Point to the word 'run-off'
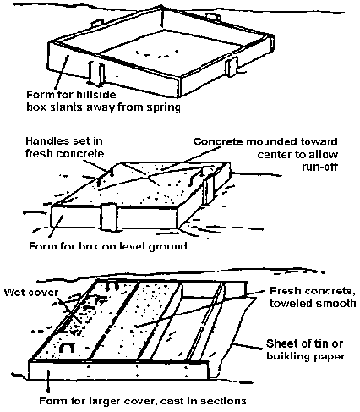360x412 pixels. pos(319,166)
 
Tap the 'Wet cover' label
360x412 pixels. pos(31,293)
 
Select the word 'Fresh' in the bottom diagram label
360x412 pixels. pos(285,291)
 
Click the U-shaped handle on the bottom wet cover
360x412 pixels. pos(68,347)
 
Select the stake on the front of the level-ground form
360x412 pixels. pos(109,217)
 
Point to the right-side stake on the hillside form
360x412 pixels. pos(232,66)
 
